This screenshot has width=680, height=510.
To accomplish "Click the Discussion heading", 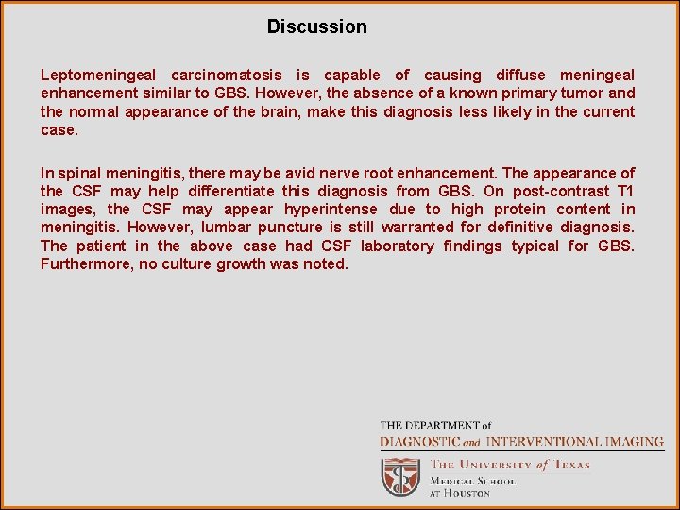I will tap(316, 26).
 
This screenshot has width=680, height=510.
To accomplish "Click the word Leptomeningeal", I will tap(98, 76).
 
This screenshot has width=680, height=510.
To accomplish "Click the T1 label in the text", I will tap(626, 191).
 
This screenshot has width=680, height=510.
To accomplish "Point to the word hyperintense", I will tap(331, 209).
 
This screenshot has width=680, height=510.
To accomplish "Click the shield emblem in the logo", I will tap(400, 476).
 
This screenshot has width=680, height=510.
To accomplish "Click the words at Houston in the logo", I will tap(461, 493).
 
